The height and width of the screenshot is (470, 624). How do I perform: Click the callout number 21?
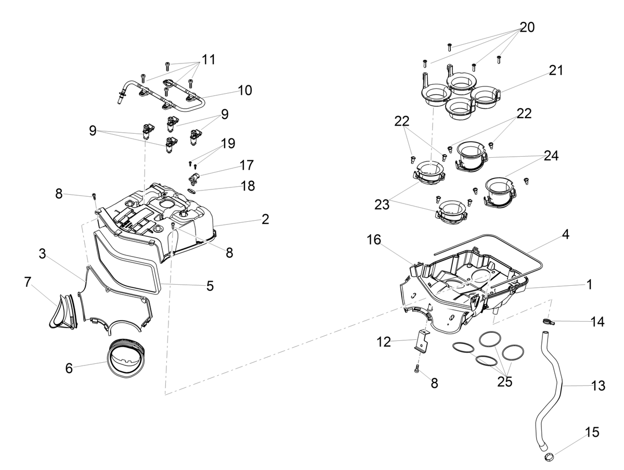point(556,70)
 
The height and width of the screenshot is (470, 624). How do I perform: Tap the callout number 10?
point(245,90)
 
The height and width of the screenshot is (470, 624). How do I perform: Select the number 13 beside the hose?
point(598,386)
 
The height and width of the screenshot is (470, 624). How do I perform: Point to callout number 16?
point(374,240)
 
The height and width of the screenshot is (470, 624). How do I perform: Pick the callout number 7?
point(28,282)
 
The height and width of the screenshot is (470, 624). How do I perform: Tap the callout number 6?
point(69,368)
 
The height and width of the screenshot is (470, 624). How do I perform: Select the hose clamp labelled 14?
point(549,322)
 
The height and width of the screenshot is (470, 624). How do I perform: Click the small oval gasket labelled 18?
point(192,190)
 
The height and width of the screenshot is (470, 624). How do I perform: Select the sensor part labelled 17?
point(194,178)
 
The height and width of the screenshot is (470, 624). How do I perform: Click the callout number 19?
point(228,143)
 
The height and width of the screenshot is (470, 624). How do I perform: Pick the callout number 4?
point(566,234)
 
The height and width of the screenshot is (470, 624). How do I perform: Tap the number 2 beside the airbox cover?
point(265,219)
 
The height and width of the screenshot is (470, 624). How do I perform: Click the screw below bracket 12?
point(418,370)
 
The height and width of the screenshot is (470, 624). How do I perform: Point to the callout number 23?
point(382,204)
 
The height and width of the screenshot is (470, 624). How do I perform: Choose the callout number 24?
point(551,156)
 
